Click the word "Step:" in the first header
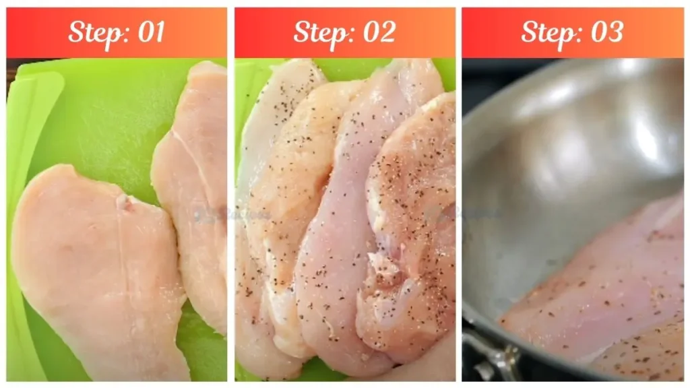94,32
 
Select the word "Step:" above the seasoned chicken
319,32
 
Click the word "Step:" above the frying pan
547,32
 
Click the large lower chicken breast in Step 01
94,269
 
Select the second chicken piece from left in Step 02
296,202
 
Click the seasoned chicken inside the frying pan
600,283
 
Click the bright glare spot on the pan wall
644,135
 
